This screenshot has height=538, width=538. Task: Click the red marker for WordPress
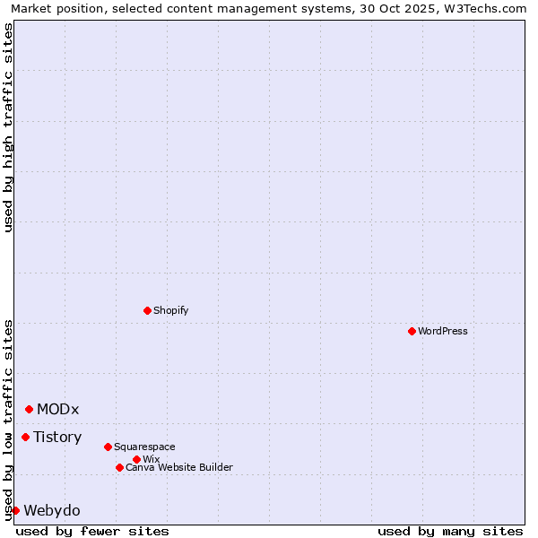[412, 331]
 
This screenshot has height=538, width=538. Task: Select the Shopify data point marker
[147, 310]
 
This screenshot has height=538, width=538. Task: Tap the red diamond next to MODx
[29, 409]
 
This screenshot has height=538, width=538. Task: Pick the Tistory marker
[25, 437]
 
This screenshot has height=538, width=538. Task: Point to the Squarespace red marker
[108, 447]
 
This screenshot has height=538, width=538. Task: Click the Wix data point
[136, 459]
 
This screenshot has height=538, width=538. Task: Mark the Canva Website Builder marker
[119, 467]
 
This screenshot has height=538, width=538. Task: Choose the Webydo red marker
[15, 510]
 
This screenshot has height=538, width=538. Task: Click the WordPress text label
[443, 331]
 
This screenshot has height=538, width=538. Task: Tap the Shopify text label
[170, 310]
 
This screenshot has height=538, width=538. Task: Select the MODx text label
[57, 410]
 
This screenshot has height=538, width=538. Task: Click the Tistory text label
[57, 438]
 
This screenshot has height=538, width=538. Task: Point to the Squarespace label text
[144, 447]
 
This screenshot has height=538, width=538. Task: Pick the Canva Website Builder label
[179, 467]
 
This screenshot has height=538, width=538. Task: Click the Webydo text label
[51, 511]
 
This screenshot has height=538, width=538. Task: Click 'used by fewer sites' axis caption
[92, 531]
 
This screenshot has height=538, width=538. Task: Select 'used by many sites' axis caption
[450, 531]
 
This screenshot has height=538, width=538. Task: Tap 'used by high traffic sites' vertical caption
[8, 127]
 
